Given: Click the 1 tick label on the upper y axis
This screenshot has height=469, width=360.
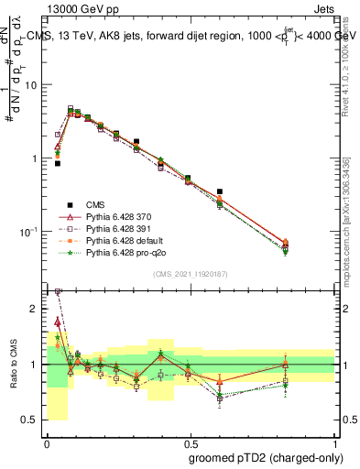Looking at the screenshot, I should point(35,158).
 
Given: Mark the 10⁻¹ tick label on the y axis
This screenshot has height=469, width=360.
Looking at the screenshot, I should point(28,231).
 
